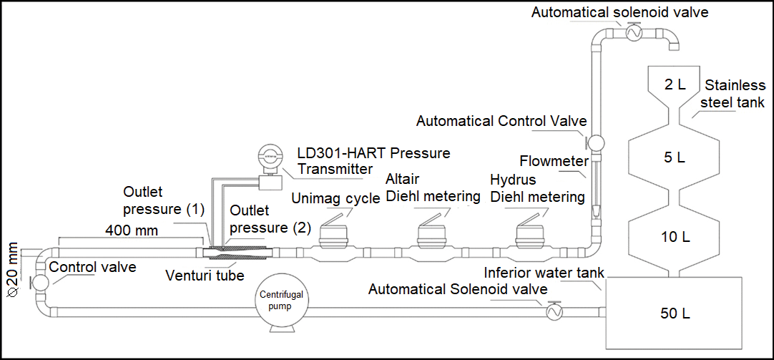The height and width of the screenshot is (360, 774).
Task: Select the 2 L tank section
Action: pyautogui.click(x=674, y=84)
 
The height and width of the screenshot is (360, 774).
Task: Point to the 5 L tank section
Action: pyautogui.click(x=674, y=157)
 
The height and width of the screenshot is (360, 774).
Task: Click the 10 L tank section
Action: pyautogui.click(x=674, y=235)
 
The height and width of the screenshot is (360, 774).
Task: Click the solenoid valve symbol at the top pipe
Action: pyautogui.click(x=632, y=32)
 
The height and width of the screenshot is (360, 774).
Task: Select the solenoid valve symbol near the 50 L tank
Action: pyautogui.click(x=552, y=311)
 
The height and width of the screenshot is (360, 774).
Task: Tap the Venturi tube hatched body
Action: pyautogui.click(x=236, y=253)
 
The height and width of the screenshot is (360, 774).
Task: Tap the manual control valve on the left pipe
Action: pyautogui.click(x=39, y=281)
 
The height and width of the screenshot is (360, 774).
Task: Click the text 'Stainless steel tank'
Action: pyautogui.click(x=733, y=93)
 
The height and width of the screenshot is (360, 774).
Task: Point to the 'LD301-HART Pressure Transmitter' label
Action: pyautogui.click(x=373, y=161)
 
